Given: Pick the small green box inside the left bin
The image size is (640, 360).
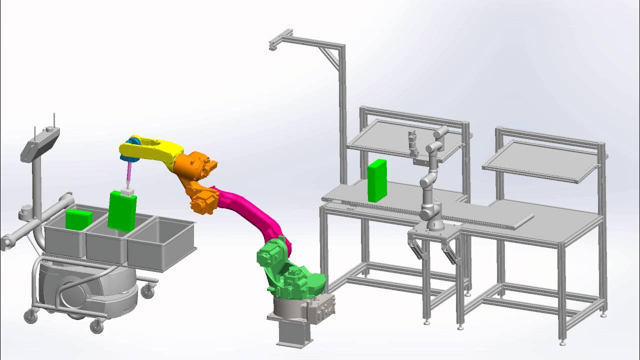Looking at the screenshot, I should click(78, 219).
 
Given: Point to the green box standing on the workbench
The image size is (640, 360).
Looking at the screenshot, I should click(377, 180).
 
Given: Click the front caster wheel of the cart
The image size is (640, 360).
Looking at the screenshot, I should click(96, 326).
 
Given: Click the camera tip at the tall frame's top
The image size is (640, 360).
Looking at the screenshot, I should click(273, 46).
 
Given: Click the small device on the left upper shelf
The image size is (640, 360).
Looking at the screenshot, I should click(412, 142).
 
